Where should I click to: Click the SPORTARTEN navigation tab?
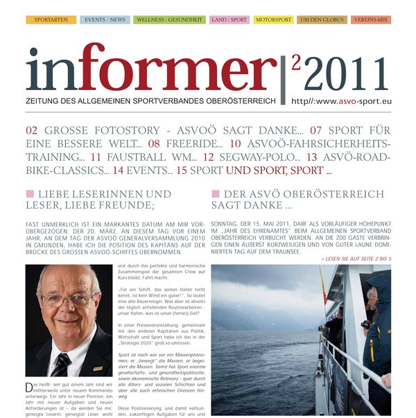(51, 20)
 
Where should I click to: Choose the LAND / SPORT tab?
(229, 20)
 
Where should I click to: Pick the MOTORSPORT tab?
(273, 20)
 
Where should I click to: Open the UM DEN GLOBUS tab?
(322, 20)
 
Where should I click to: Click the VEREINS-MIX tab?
(371, 20)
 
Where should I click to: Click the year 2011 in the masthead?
(347, 73)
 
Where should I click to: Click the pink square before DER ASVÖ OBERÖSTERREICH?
(216, 193)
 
